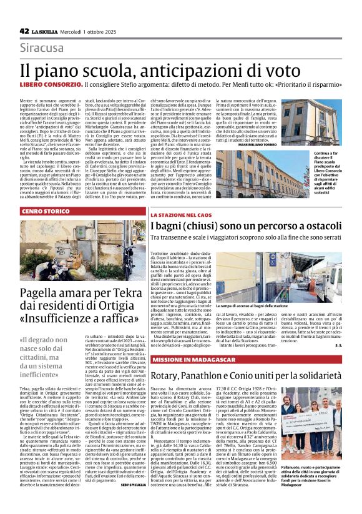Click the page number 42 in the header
pyautogui.click(x=24, y=31)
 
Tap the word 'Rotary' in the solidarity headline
pyautogui.click(x=169, y=375)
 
